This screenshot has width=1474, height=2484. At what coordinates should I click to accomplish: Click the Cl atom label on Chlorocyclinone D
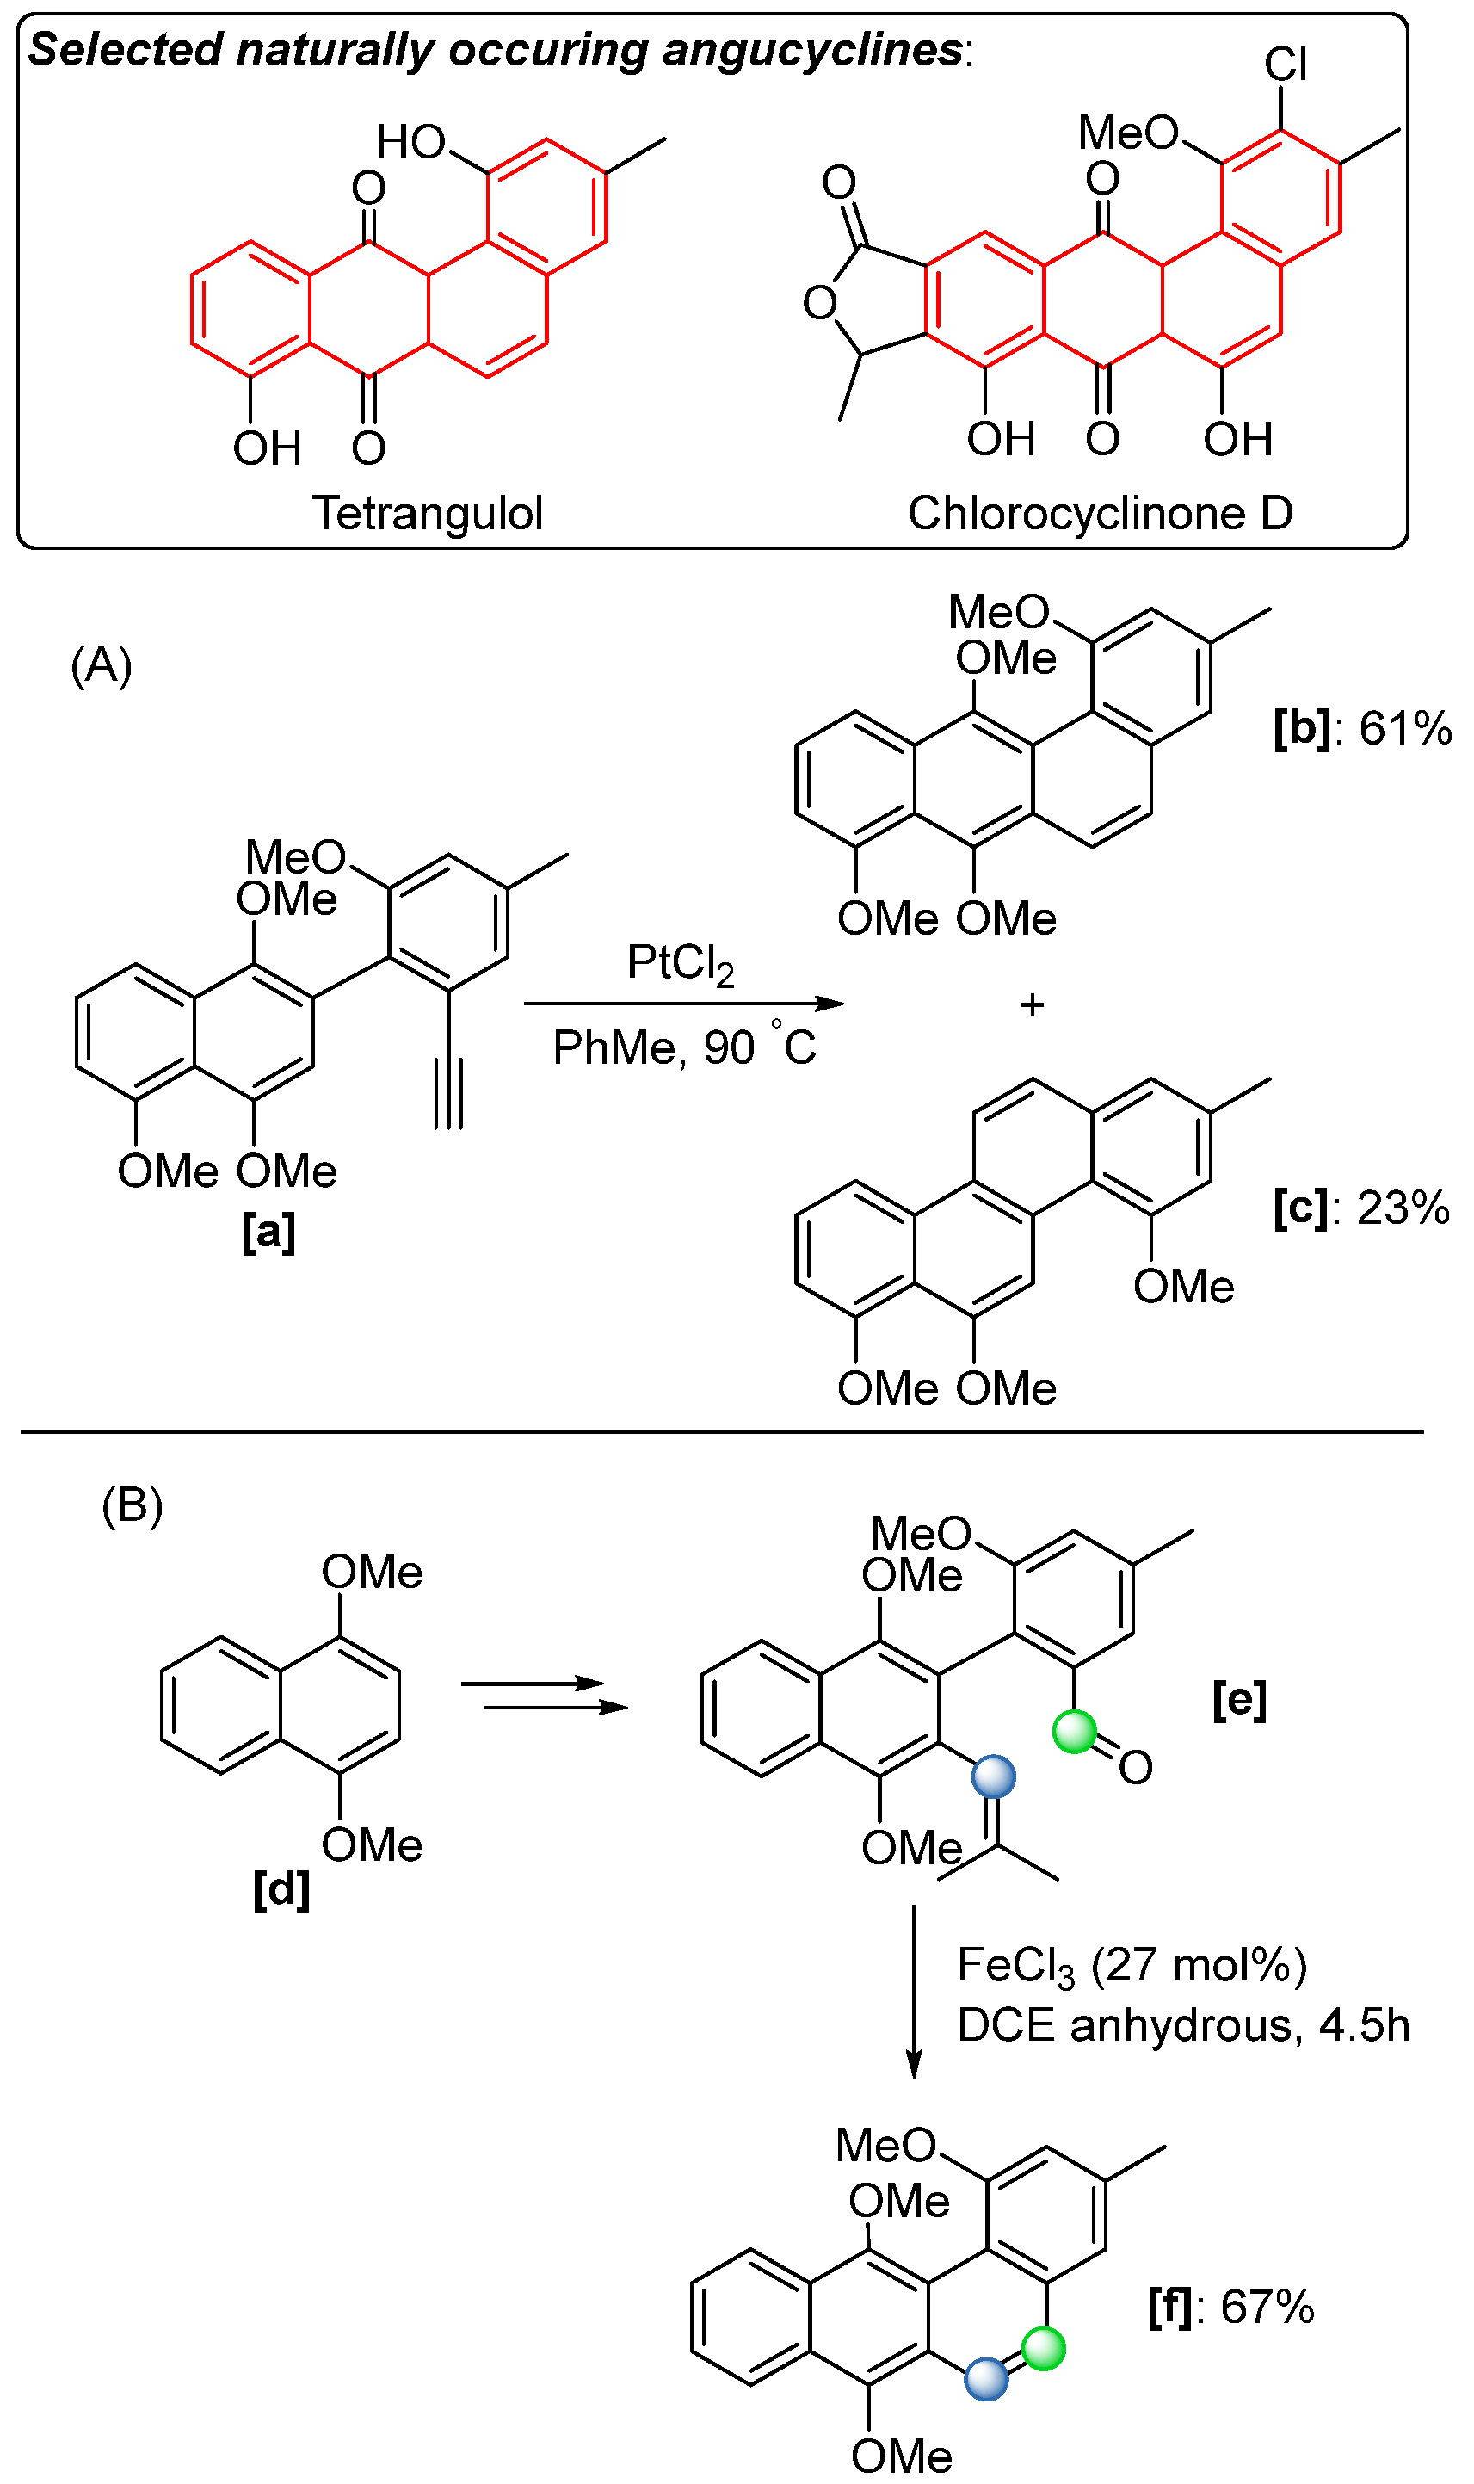[x=1286, y=65]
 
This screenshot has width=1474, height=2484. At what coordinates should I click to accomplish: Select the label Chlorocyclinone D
[x=1100, y=514]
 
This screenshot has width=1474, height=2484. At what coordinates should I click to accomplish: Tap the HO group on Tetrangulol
[x=411, y=142]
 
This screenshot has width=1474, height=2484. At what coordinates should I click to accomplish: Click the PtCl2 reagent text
[x=681, y=963]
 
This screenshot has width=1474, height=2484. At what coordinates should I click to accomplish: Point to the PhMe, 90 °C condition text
[x=684, y=1047]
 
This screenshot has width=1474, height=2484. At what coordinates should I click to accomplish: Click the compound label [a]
[x=268, y=1233]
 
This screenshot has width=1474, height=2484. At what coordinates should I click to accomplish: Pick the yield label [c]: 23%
[x=1360, y=1208]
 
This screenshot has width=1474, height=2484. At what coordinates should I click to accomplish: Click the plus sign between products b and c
[x=1032, y=1005]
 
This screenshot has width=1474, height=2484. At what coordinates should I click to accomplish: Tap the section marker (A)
[x=102, y=664]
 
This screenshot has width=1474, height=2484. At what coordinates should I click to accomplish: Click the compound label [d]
[x=281, y=1888]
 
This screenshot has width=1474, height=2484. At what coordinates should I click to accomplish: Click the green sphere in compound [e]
[x=1074, y=1731]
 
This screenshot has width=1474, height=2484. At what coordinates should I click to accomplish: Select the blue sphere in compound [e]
[x=993, y=1776]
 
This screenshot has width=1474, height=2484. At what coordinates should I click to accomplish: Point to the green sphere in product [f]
[x=1043, y=2348]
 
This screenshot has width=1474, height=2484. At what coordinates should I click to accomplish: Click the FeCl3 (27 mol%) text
[x=1132, y=1966]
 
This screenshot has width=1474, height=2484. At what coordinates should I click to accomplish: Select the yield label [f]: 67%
[x=1230, y=2306]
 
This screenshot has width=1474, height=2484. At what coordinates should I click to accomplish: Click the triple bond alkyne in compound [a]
[x=449, y=1092]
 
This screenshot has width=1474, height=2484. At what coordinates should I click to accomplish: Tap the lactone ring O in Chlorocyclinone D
[x=819, y=303]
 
